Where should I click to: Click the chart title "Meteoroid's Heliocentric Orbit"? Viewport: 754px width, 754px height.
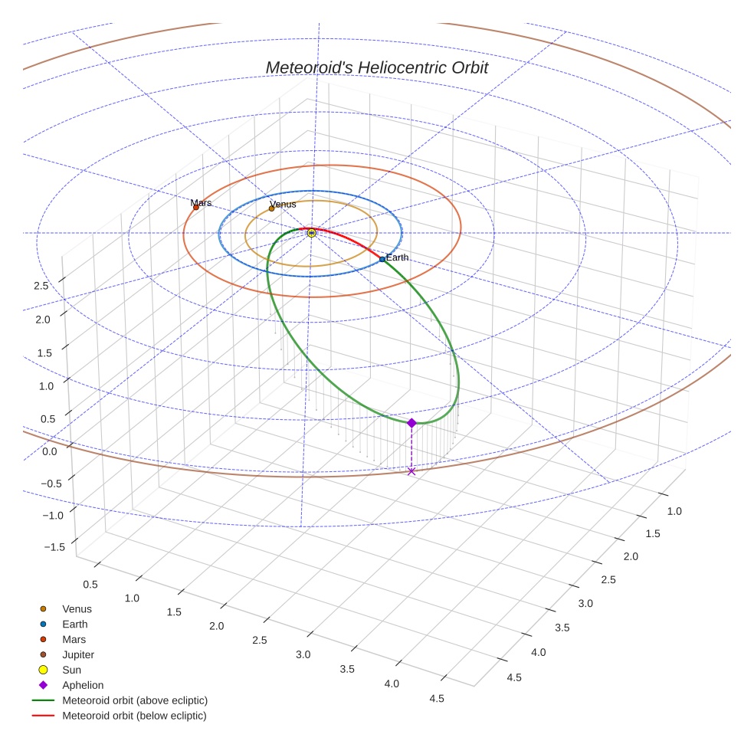pos(377,67)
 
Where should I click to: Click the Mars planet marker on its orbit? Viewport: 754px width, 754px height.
pos(196,207)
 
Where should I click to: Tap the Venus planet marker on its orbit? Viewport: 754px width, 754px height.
pos(271,208)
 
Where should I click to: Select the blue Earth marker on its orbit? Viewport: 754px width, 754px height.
pos(382,259)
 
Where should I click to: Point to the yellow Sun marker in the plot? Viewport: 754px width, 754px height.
pos(311,232)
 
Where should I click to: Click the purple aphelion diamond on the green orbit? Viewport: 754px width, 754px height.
pos(411,423)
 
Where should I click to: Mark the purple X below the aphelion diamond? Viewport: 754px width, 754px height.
pos(411,471)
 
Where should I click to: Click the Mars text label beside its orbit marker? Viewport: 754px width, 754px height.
pos(201,202)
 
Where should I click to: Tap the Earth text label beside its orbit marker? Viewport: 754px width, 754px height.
pos(397,257)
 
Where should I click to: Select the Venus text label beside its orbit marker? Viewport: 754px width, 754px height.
pos(283,204)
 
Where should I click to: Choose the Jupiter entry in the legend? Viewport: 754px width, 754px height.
pos(78,654)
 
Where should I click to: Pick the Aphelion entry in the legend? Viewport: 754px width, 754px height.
pos(83,685)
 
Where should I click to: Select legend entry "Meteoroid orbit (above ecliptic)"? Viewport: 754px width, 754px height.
pos(135,700)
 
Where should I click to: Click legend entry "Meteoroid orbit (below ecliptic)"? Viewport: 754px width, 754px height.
pos(134,716)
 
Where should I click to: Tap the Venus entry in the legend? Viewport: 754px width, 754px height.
pos(77,609)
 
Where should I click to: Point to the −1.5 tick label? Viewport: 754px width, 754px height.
pos(54,546)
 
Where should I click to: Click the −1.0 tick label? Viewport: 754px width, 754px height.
pos(54,515)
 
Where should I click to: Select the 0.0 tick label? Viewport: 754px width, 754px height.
pos(50,451)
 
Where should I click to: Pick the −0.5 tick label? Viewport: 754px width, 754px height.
pos(54,483)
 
